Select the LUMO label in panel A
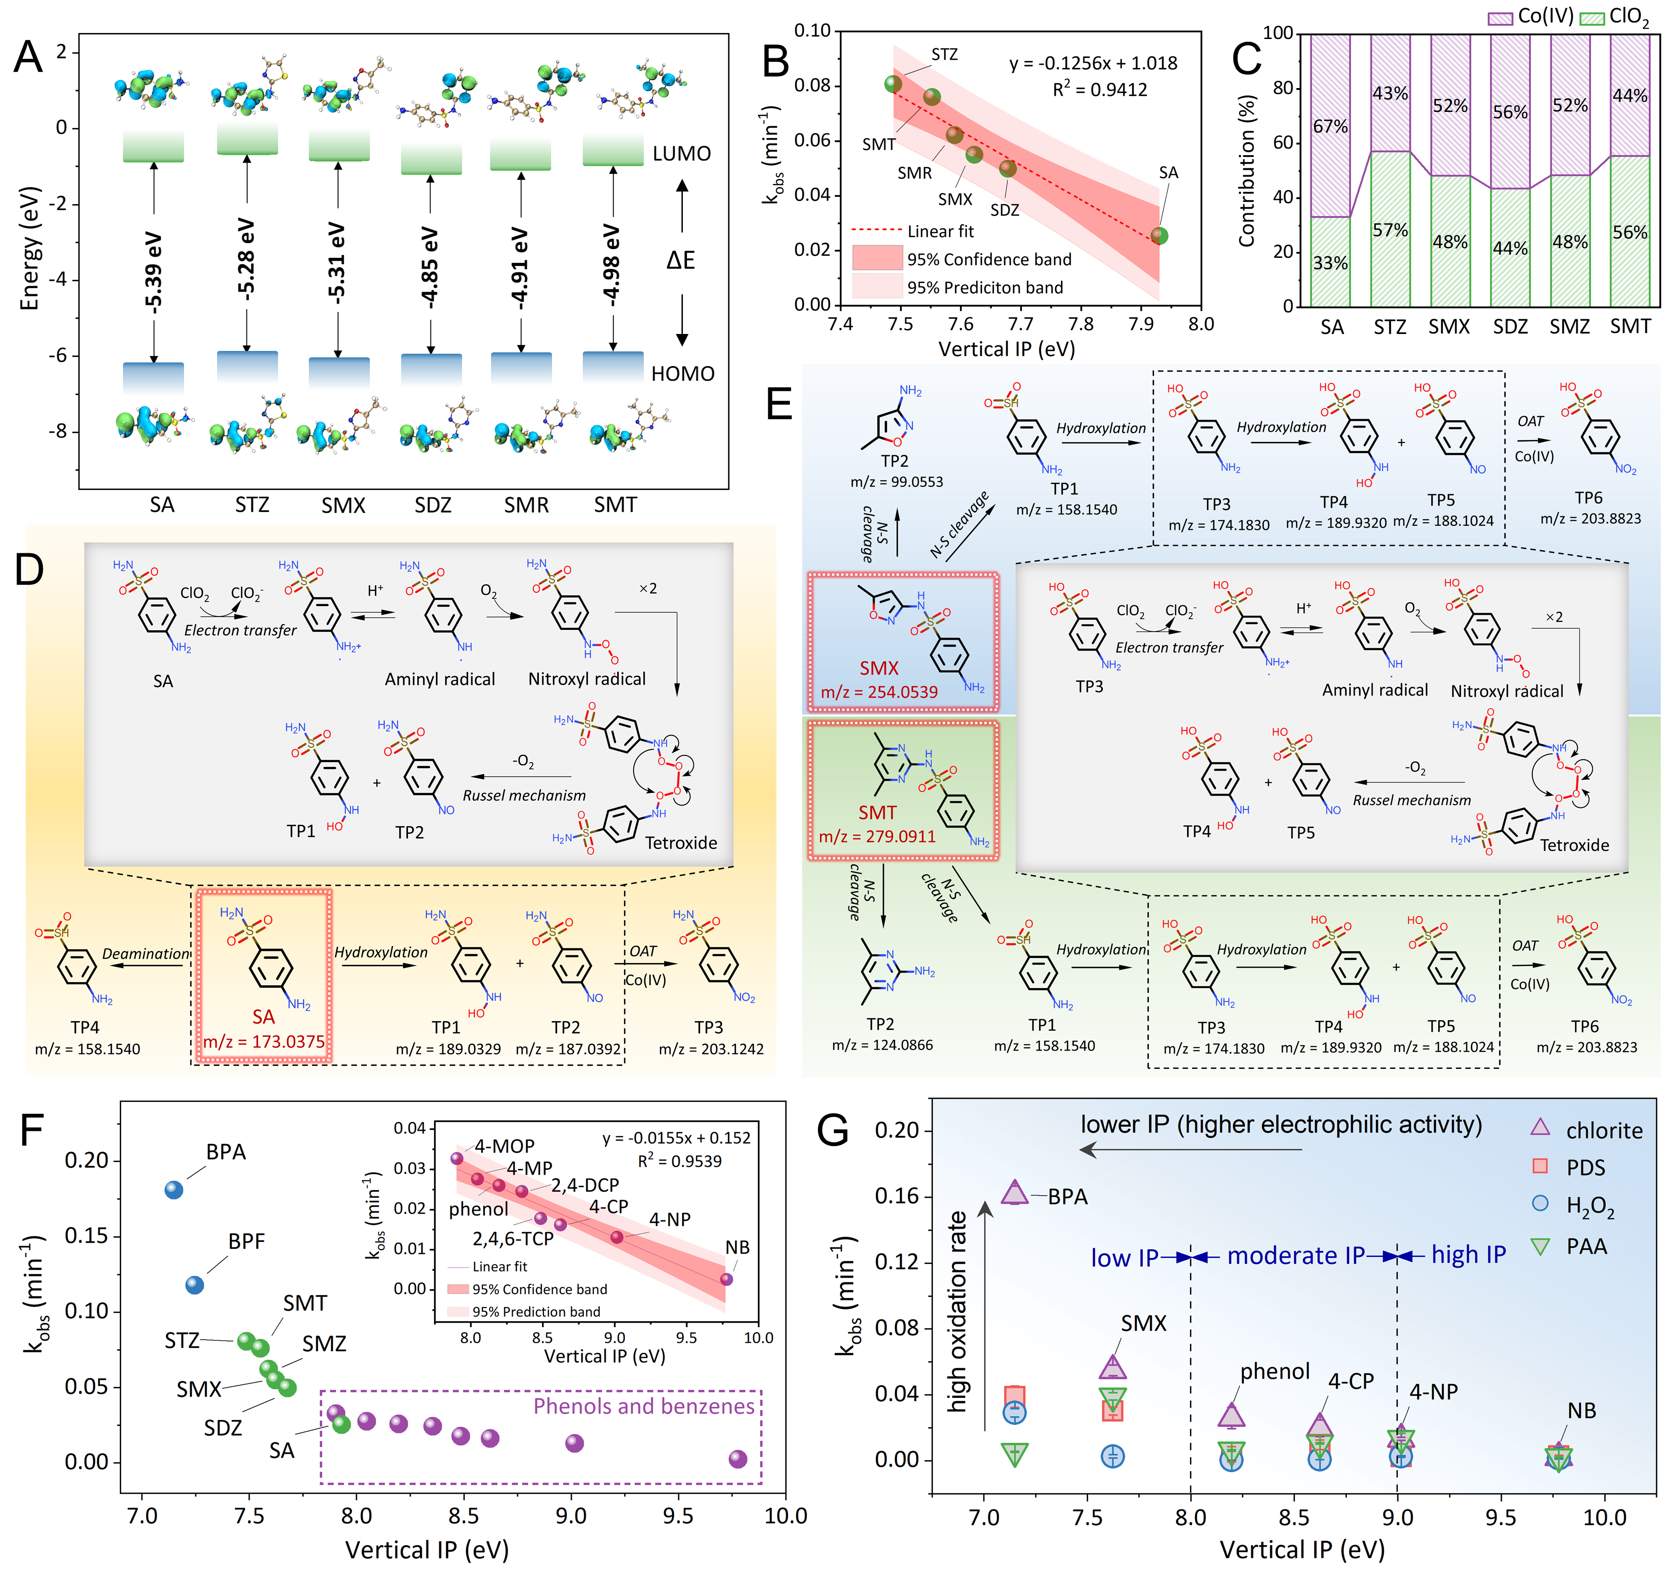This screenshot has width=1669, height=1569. [682, 154]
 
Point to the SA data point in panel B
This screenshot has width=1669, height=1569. [1160, 236]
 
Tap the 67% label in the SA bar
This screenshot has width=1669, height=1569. [1331, 127]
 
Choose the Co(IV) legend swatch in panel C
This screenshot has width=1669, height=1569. [1500, 17]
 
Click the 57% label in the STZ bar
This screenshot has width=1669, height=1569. [1390, 230]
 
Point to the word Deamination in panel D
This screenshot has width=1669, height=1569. [146, 954]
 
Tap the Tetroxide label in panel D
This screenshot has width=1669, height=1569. [681, 843]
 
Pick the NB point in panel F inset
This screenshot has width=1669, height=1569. [727, 1280]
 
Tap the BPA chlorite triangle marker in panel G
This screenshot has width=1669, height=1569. [1015, 1192]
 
